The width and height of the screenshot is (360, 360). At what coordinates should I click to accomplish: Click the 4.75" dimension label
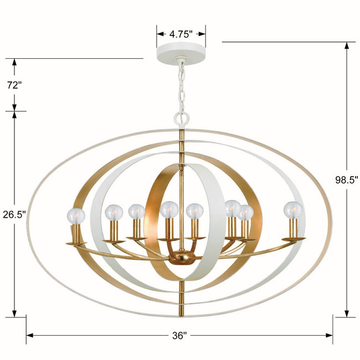point(181,34)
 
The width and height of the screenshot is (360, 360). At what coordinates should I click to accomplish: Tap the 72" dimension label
point(14,85)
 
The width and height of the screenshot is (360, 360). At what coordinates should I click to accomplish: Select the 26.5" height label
point(14,214)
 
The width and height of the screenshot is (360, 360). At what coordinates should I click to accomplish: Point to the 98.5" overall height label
point(347,180)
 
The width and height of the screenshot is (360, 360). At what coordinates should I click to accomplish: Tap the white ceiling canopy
point(181,53)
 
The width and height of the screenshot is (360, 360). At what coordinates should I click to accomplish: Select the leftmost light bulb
point(76,216)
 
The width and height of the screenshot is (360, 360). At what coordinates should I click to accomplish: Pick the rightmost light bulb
point(293,210)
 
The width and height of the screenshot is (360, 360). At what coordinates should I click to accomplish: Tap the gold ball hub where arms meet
point(181,258)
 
